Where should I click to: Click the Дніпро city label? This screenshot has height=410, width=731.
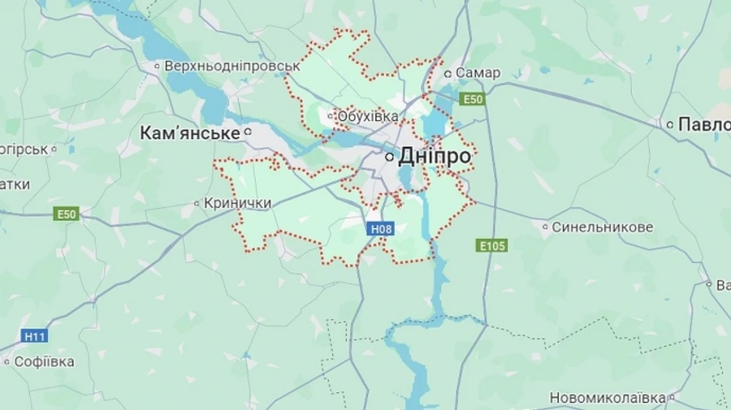click(435, 156)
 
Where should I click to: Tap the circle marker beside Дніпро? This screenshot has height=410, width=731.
click(391, 156)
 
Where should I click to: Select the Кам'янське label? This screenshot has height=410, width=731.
click(190, 132)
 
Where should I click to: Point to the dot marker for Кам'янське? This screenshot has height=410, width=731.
click(249, 132)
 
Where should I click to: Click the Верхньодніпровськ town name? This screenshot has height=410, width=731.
click(232, 66)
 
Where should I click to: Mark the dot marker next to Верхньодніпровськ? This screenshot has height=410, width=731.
click(158, 66)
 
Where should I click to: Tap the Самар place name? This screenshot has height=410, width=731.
click(478, 73)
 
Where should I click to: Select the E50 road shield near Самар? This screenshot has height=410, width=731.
click(472, 99)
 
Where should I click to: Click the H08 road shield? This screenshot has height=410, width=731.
click(381, 229)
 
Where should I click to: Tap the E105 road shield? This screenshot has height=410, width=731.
click(492, 245)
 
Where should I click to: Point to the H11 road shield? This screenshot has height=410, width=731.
click(34, 335)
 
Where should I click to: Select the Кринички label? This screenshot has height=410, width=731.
click(237, 203)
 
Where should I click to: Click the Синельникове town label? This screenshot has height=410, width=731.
click(602, 227)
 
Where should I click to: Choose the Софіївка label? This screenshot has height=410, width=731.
click(44, 361)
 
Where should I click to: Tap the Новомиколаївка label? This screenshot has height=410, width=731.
click(608, 398)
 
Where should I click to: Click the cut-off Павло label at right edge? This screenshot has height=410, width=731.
click(703, 124)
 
